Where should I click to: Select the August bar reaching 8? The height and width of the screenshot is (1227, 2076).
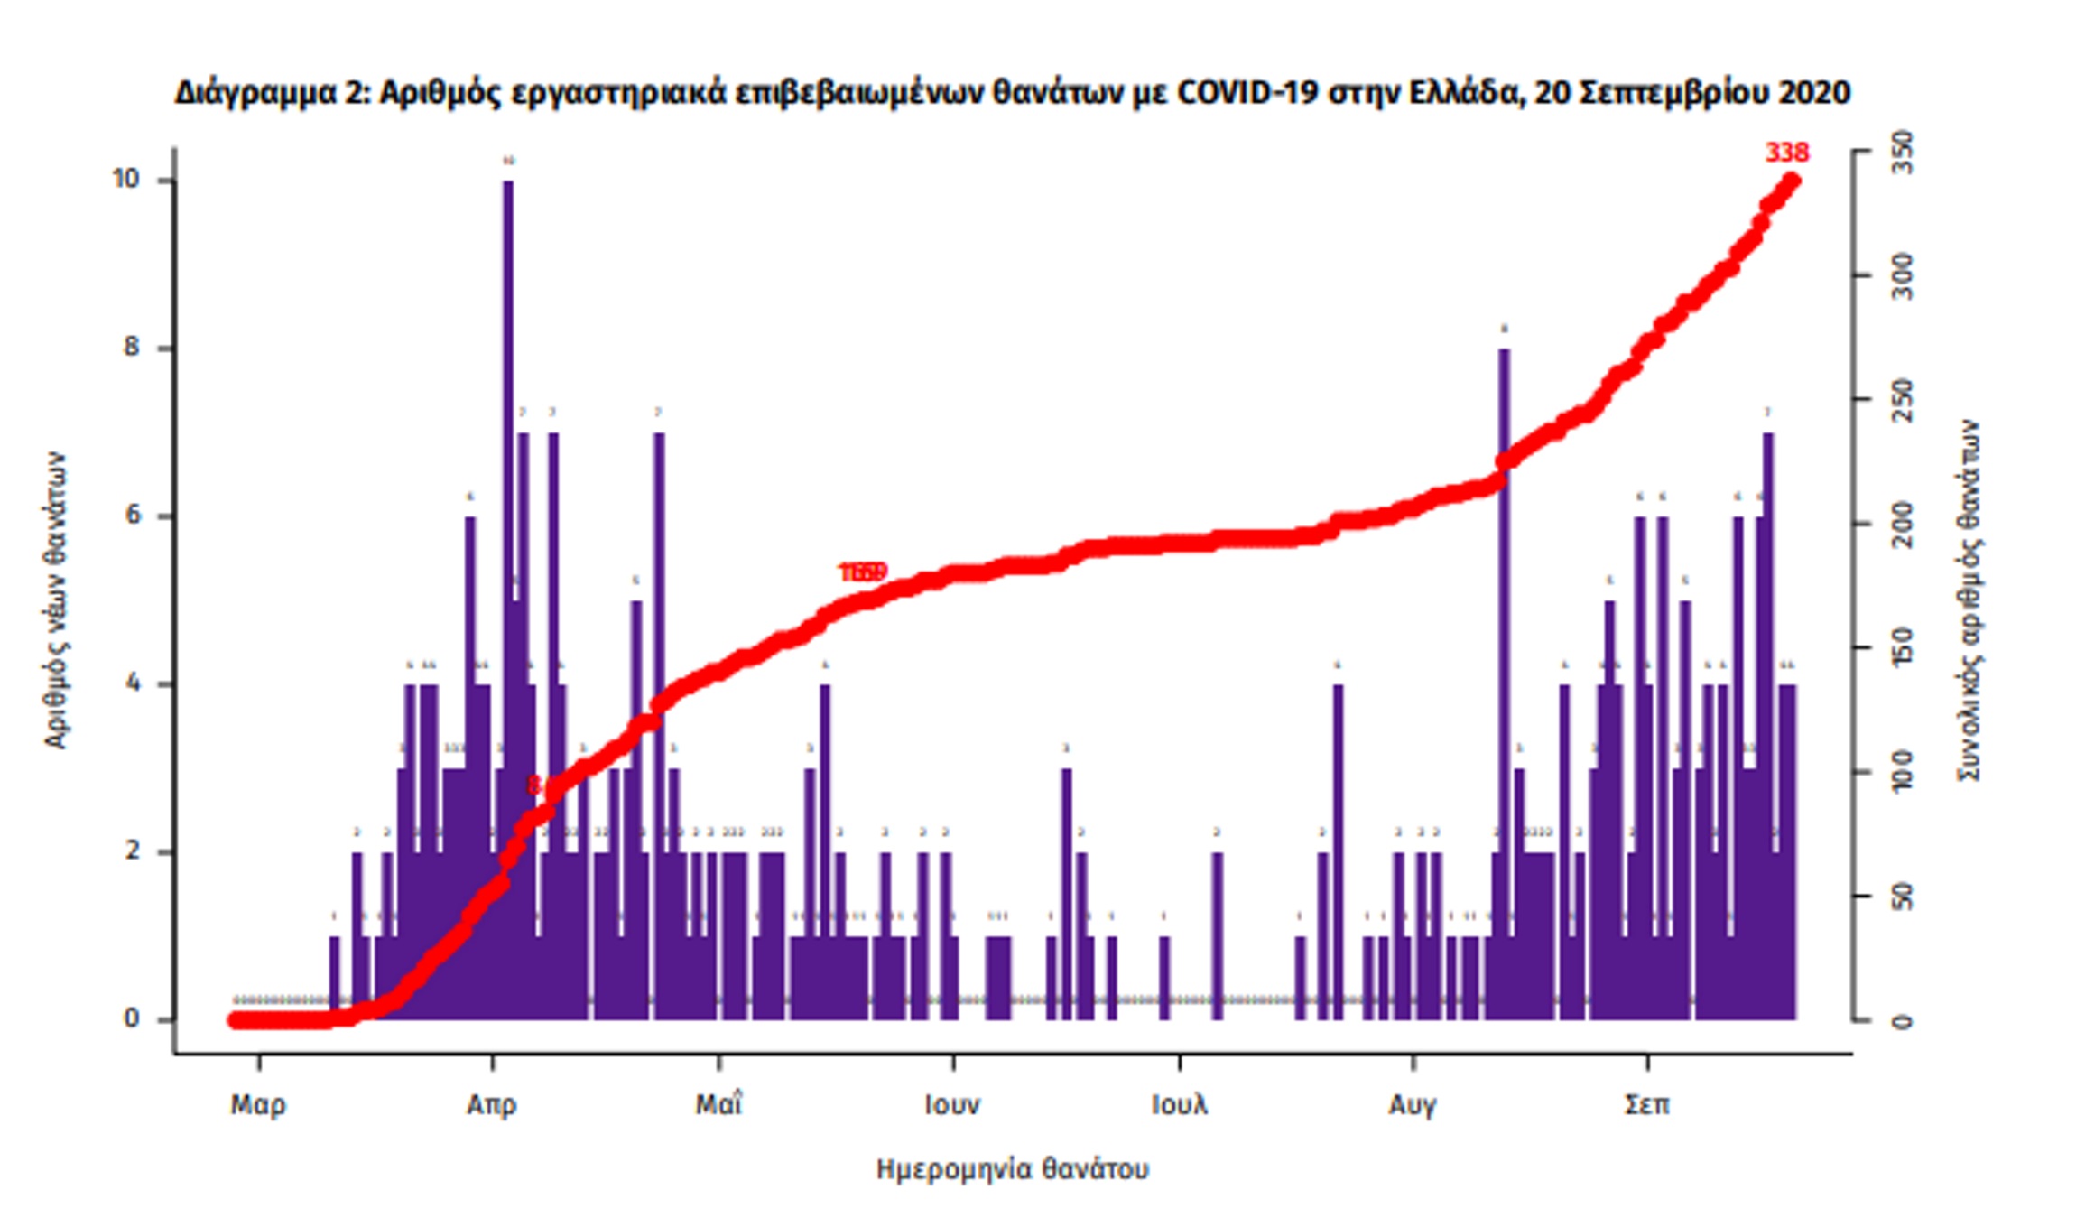[1503, 632]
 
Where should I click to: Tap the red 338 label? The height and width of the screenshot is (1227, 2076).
[1786, 153]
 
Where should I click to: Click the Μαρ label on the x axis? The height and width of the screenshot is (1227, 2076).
[258, 1104]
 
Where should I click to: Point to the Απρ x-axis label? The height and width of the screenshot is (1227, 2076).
[492, 1104]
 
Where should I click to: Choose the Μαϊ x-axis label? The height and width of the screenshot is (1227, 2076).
[718, 1104]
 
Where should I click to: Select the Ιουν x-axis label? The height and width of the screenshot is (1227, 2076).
[952, 1104]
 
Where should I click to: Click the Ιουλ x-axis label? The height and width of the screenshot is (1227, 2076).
[1179, 1104]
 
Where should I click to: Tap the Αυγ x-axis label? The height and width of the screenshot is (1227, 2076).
[1413, 1104]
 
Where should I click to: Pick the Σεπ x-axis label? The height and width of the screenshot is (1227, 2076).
[1647, 1104]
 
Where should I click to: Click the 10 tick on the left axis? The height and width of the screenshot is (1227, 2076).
[126, 180]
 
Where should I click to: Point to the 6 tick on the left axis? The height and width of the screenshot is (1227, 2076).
[134, 516]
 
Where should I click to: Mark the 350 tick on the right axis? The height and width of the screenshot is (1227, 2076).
[1901, 152]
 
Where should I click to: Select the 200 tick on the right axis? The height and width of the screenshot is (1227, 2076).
[1901, 525]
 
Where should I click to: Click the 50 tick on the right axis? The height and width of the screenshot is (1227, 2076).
[1901, 897]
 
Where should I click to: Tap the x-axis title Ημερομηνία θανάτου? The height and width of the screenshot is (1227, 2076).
[1012, 1169]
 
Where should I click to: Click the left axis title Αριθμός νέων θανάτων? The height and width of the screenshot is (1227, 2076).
[55, 600]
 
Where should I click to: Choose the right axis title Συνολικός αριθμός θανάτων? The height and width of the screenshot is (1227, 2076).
[1969, 600]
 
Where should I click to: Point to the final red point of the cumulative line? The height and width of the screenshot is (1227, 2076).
[1793, 181]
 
